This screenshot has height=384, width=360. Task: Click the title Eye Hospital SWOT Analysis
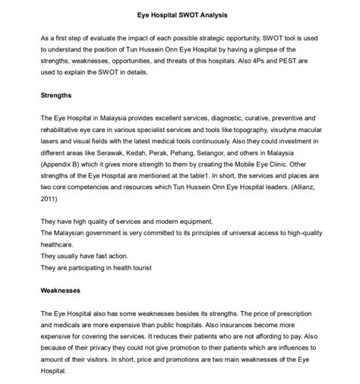click(x=180, y=14)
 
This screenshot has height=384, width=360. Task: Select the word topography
click(x=243, y=130)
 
